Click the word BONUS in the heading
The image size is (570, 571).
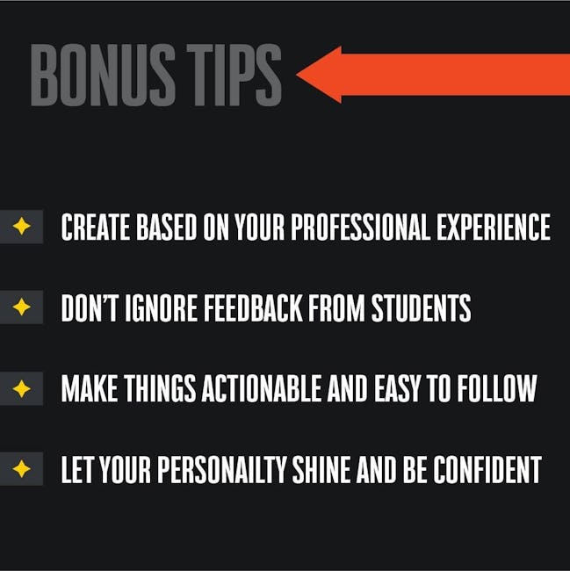(103, 75)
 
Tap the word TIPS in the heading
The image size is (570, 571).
(234, 75)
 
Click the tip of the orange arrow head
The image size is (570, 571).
(297, 75)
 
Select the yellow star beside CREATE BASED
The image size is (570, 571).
(21, 226)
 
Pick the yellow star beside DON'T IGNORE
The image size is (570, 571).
(21, 307)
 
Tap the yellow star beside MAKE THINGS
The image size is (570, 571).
(21, 388)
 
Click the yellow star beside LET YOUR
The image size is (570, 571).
(21, 469)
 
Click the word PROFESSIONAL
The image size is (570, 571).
(359, 227)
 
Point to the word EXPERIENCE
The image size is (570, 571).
(494, 227)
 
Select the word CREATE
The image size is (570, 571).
(96, 227)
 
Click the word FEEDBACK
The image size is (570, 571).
(253, 308)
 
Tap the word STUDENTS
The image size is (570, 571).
(421, 308)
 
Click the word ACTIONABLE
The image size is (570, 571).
(261, 388)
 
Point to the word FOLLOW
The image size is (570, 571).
(497, 388)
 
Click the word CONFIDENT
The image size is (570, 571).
(487, 470)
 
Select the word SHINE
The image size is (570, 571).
(321, 470)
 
